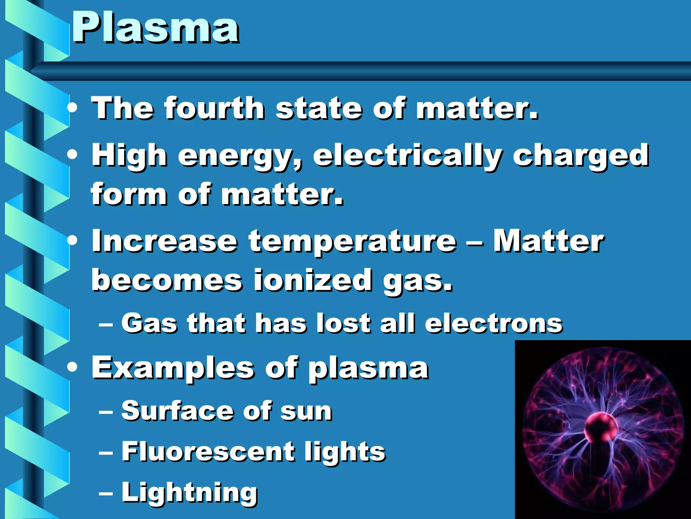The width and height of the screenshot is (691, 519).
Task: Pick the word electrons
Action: click(x=493, y=323)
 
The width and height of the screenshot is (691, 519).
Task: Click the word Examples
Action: click(x=173, y=368)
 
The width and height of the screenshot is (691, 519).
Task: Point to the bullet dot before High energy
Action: click(x=72, y=155)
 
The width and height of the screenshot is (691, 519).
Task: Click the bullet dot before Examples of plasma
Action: click(x=72, y=367)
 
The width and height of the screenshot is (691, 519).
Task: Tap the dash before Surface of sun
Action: click(x=106, y=412)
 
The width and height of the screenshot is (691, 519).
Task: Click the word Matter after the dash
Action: click(x=548, y=241)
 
